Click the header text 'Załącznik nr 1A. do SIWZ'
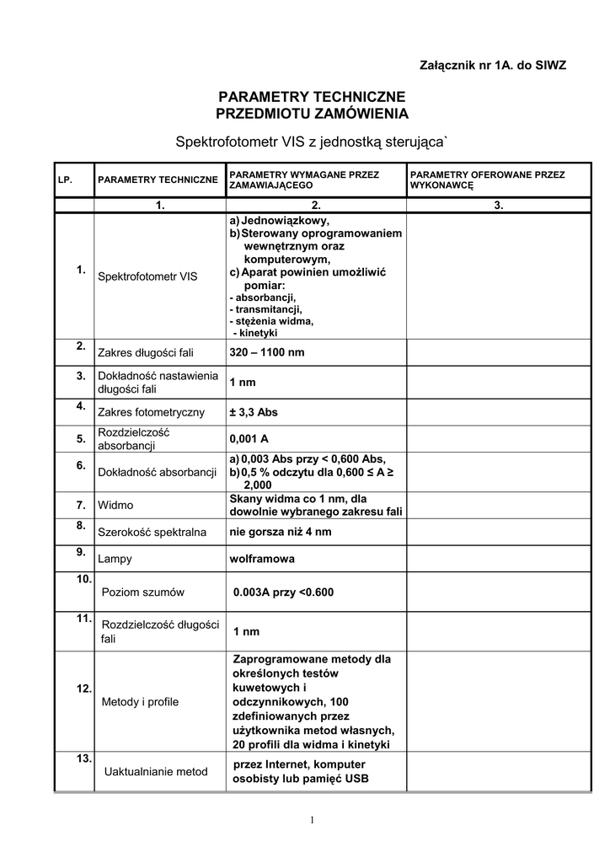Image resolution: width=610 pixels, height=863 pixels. [x=493, y=65]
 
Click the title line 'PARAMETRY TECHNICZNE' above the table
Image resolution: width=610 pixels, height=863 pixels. [x=312, y=96]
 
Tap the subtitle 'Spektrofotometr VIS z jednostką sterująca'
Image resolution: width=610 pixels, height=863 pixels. [x=312, y=141]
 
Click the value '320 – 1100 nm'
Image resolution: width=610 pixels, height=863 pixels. [x=266, y=351]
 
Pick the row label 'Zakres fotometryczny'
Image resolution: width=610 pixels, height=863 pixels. [x=152, y=413]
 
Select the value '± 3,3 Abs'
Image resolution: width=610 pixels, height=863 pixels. [x=254, y=413]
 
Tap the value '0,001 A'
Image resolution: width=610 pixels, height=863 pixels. [x=249, y=439]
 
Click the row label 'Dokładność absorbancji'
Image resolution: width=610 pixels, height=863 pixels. [x=158, y=473]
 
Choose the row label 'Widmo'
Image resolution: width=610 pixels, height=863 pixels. [x=115, y=506]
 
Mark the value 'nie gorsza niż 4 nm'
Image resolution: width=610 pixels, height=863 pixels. [x=281, y=532]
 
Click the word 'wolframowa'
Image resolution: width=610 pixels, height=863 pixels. [x=262, y=559]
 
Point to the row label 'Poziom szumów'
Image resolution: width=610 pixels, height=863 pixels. [x=142, y=592]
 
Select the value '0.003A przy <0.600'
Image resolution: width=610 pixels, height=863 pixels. [x=284, y=592]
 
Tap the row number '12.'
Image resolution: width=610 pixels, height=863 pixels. [x=84, y=689]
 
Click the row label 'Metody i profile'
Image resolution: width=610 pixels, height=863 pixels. [x=140, y=701]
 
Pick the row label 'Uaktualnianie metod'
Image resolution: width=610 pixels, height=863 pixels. [x=156, y=771]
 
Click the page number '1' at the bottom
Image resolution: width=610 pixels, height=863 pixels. [x=311, y=819]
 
